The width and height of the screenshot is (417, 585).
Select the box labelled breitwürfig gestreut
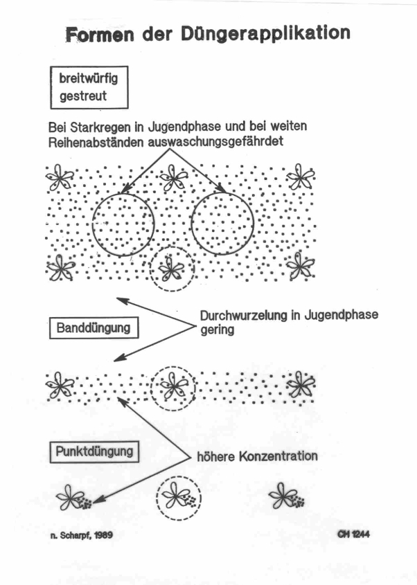89,87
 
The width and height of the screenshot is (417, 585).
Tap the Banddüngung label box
94,327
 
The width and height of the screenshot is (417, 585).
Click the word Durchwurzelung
241,316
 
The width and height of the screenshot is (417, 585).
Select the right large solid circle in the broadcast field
221,222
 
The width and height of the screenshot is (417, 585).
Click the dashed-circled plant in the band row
173,386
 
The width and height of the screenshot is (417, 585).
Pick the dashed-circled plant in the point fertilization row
179,496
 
